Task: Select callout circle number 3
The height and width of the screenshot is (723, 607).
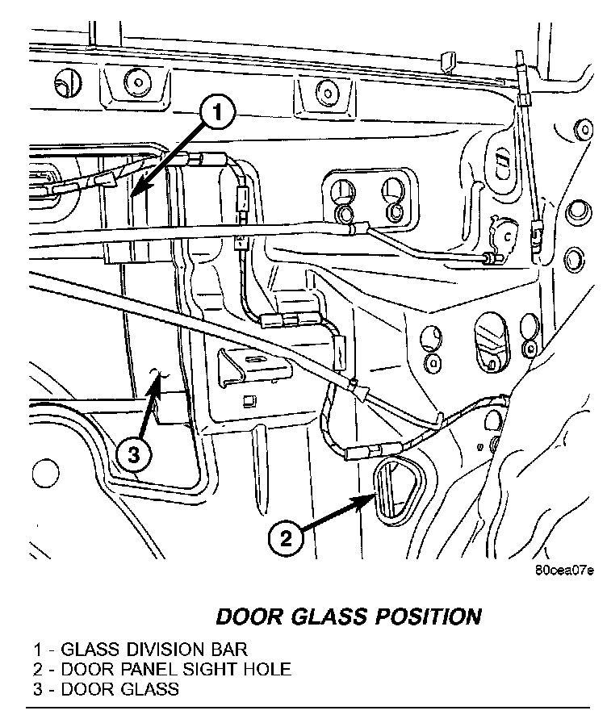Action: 133,455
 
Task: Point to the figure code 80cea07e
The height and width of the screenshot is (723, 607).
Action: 563,570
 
